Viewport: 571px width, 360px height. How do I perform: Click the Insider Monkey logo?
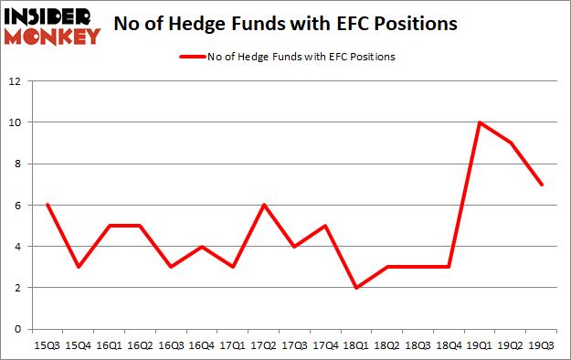pos(51,26)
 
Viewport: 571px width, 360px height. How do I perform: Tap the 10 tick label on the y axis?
pos(15,122)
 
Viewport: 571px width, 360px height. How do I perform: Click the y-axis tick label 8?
pos(17,164)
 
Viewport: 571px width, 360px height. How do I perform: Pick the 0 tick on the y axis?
pos(17,329)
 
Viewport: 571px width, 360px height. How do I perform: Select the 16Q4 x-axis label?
pos(202,345)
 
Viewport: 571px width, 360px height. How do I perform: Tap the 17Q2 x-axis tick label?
pos(264,345)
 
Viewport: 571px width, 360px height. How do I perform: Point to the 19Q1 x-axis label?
pos(481,345)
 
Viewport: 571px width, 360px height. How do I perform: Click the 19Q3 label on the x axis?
pos(542,345)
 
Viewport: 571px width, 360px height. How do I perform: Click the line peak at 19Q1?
pos(481,122)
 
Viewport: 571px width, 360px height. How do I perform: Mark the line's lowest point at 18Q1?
pos(356,288)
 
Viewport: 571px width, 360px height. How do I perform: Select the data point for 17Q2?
pos(264,205)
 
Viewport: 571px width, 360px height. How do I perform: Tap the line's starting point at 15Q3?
pos(48,205)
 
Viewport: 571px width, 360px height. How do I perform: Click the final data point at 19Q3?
pos(542,185)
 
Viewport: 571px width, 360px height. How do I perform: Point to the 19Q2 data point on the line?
pos(511,143)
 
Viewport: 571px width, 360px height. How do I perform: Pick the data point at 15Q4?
pos(79,267)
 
